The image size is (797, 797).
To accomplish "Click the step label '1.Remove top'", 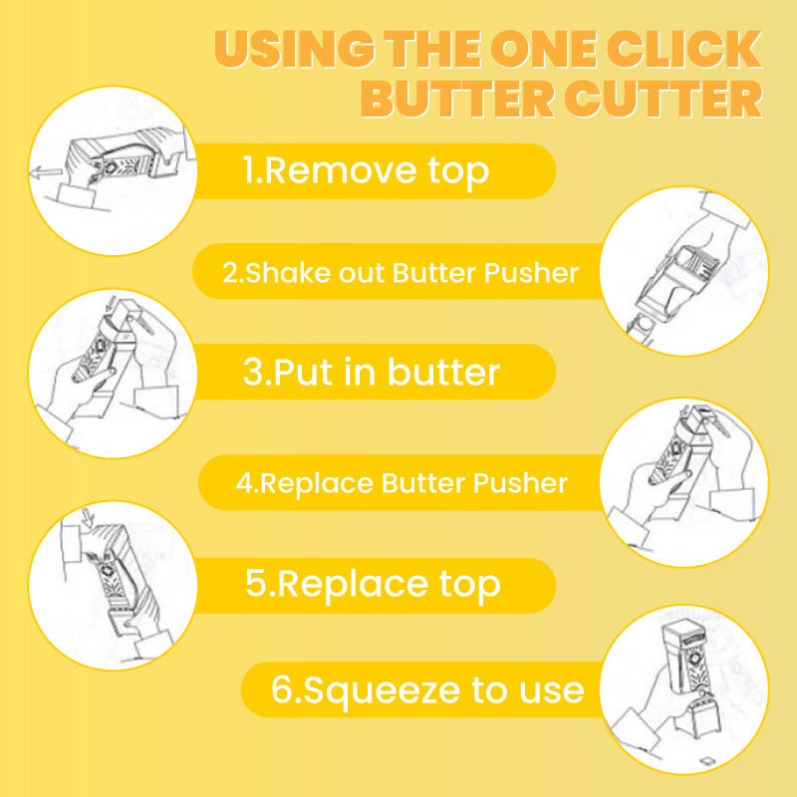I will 367,170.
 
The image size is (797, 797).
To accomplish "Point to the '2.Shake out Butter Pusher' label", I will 399,272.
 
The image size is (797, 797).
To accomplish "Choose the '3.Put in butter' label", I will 371,372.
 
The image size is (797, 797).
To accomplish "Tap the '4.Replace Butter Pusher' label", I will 401,483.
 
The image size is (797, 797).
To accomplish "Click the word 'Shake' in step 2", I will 278,272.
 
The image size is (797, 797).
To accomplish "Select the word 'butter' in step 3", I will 443,372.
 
